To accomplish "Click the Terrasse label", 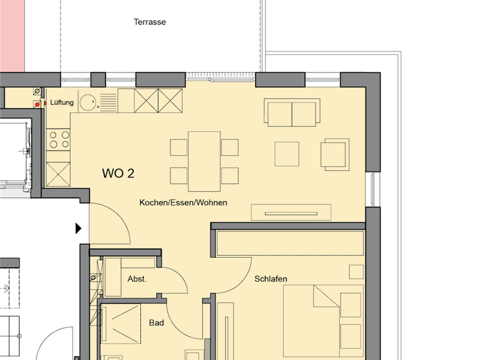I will point(149,22).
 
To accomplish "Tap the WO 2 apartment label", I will point(118,173).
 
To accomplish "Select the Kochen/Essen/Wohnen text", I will point(183,203).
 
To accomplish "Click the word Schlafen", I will point(271,279).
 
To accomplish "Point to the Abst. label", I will point(137,279).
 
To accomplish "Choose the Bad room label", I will point(156,323).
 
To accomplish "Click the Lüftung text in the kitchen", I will point(62,102).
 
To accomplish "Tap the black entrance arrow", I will point(79,228).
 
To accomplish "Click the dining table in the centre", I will point(204,161).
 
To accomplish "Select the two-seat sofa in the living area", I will point(292,113).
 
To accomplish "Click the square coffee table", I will point(287,154).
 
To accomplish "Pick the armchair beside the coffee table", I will point(336,154).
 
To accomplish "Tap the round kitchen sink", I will point(88,101).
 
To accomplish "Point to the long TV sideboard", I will point(291,212).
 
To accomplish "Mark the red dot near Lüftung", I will point(38,103).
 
